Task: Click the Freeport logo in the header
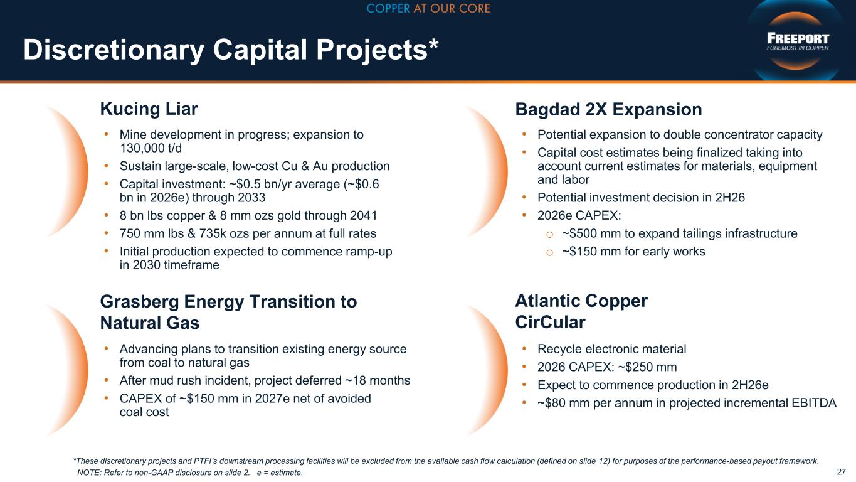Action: [x=798, y=41]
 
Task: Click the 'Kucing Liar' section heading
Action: [x=149, y=109]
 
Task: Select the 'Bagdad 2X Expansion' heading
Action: [x=608, y=109]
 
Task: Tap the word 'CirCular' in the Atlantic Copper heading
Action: [x=550, y=322]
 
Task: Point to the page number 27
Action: [x=841, y=472]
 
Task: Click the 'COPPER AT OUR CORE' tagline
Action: [x=428, y=8]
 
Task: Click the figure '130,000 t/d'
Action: [x=151, y=148]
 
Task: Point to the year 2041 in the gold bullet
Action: [x=364, y=215]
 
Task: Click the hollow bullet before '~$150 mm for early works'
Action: [x=549, y=252]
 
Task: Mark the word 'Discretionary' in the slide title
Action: [x=114, y=50]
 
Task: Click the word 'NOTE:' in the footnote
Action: [x=90, y=473]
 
